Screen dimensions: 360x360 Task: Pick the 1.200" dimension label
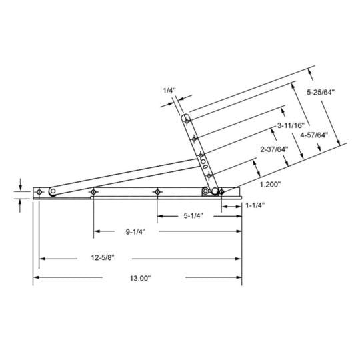click(270, 183)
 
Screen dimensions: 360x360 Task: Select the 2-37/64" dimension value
click(274, 149)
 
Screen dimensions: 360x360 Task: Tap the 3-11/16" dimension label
click(291, 125)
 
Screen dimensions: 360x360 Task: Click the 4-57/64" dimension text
click(313, 135)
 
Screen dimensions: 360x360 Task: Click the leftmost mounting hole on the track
click(40, 192)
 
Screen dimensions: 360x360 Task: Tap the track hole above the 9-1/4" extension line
click(93, 192)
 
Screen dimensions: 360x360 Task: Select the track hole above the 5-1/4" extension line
click(157, 192)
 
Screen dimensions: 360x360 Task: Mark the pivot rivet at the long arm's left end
click(52, 193)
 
